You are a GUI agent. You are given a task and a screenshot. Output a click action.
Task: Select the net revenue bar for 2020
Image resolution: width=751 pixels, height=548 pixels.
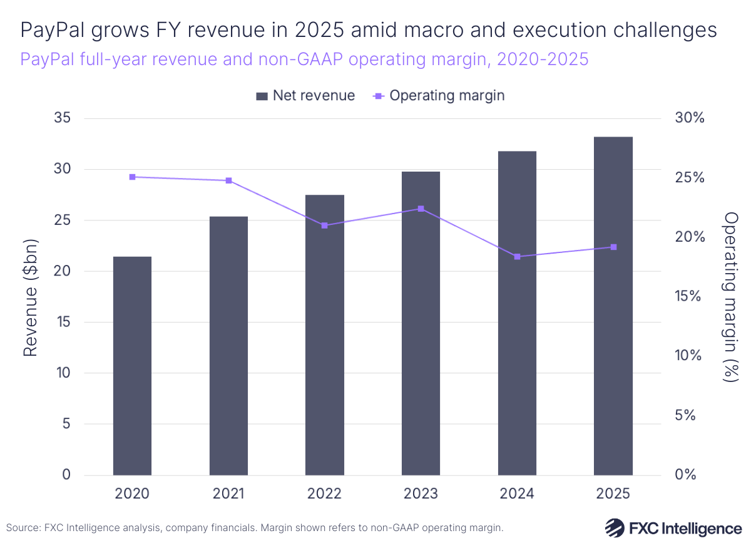[132, 366]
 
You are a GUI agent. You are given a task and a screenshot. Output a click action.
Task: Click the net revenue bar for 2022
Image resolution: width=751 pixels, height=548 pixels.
[324, 335]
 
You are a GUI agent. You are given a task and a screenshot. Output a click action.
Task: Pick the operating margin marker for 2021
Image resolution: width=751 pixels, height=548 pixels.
[228, 180]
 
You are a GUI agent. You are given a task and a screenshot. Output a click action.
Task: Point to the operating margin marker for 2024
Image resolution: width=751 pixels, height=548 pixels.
[517, 257]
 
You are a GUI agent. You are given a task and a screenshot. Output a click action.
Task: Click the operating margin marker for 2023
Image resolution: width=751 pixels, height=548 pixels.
[421, 209]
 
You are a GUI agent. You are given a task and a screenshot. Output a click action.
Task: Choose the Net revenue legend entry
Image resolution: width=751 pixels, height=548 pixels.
[305, 96]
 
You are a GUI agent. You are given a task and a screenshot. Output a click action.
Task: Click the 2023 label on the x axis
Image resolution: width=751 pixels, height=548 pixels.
[421, 494]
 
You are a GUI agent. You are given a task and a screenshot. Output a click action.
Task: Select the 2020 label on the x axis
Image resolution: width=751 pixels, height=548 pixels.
[132, 494]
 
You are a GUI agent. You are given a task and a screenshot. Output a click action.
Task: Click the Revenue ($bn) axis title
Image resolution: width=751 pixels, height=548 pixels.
[30, 297]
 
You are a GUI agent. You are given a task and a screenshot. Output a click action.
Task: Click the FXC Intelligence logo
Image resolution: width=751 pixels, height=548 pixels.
[673, 528]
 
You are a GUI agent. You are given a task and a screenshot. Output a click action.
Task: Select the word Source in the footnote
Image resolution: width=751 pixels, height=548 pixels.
[23, 528]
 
